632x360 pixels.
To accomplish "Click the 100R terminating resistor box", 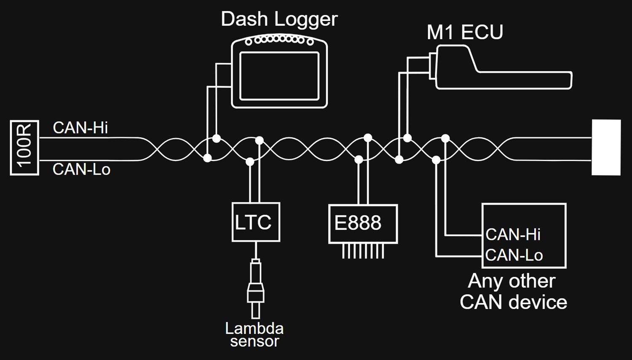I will tap(24, 148).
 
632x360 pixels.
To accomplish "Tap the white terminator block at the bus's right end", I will tap(606, 147).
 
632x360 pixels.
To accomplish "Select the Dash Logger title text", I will tap(279, 19).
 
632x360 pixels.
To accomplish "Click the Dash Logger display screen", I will tap(279, 76).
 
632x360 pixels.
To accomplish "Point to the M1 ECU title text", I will tap(465, 32).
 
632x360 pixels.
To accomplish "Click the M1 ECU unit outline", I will tap(501, 70).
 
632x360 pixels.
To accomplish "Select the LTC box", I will tap(256, 222).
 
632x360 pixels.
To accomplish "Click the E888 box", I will tap(363, 223).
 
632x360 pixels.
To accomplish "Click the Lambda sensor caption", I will tap(254, 334).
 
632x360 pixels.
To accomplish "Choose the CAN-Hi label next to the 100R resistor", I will tap(80, 128).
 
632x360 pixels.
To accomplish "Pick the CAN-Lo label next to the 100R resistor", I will tap(81, 169).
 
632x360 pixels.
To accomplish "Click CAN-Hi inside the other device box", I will tap(513, 234).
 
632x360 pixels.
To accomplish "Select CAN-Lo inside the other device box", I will tap(514, 255).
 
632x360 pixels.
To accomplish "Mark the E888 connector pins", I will tap(363, 252).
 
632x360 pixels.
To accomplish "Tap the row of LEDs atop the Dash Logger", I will tap(279, 40).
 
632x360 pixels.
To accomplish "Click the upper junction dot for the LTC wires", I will tap(260, 140).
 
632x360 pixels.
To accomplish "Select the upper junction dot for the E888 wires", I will tap(368, 137).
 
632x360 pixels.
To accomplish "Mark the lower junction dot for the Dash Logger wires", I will tap(207, 158).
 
